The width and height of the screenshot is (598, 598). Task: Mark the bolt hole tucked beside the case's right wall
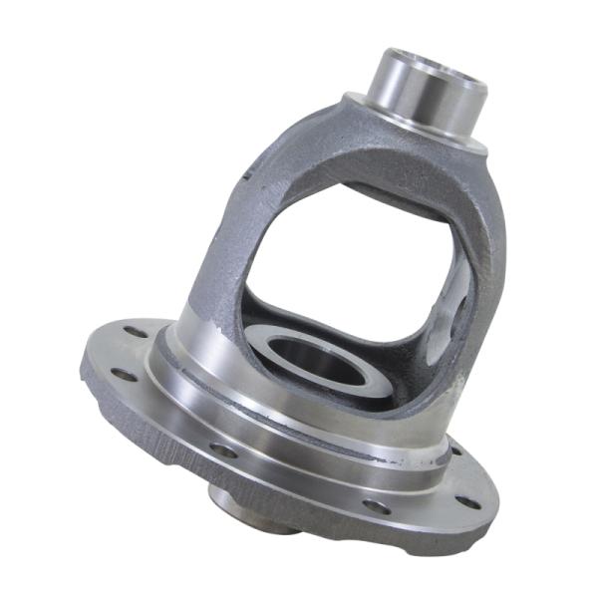456,450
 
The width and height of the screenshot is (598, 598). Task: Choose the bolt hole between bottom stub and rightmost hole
375,506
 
